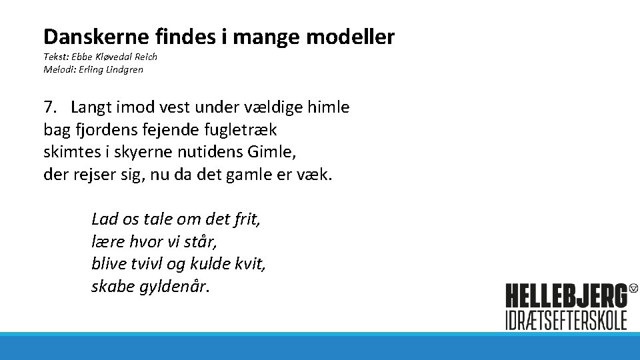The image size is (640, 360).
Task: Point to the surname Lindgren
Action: pos(123,69)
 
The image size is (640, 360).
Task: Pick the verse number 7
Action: pos(48,107)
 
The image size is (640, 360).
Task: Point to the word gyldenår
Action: pos(175,287)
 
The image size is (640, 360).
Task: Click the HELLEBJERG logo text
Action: pos(566,295)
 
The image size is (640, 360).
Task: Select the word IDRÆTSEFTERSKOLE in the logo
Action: pos(566,319)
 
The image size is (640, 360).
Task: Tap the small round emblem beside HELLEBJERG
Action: pos(633,289)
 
